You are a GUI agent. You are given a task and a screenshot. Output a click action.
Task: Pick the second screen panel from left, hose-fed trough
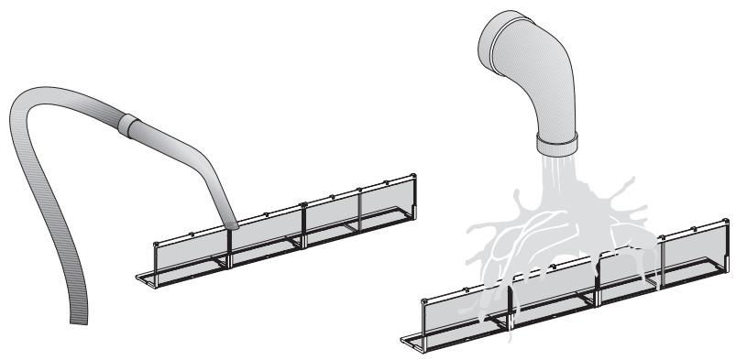pyautogui.click(x=266, y=230)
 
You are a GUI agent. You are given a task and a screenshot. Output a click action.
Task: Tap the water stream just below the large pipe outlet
pyautogui.click(x=555, y=169)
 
